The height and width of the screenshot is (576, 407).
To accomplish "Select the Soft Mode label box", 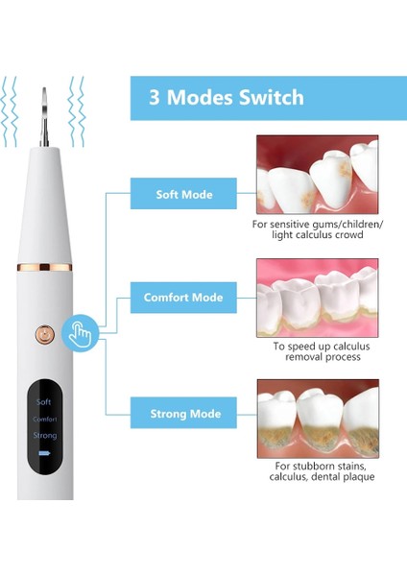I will tap(183, 195).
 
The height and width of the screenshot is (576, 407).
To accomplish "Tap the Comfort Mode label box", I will tap(183, 298).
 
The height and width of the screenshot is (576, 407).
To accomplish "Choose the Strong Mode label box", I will tap(183, 414).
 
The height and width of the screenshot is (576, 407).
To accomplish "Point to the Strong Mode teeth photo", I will tap(316, 418).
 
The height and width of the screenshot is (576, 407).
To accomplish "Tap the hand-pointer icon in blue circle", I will tap(77, 333).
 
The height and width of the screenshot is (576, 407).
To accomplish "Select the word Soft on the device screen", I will tap(44, 401).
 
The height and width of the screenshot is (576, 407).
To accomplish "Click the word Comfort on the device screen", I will tap(45, 420).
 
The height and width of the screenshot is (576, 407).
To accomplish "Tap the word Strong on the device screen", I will tap(45, 436).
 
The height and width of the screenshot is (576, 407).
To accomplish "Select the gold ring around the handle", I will tap(45, 262).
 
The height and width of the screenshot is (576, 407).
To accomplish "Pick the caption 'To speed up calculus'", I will tap(316, 345).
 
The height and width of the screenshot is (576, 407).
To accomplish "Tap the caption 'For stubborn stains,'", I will tap(316, 465).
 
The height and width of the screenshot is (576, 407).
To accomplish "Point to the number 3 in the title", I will tap(155, 98).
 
